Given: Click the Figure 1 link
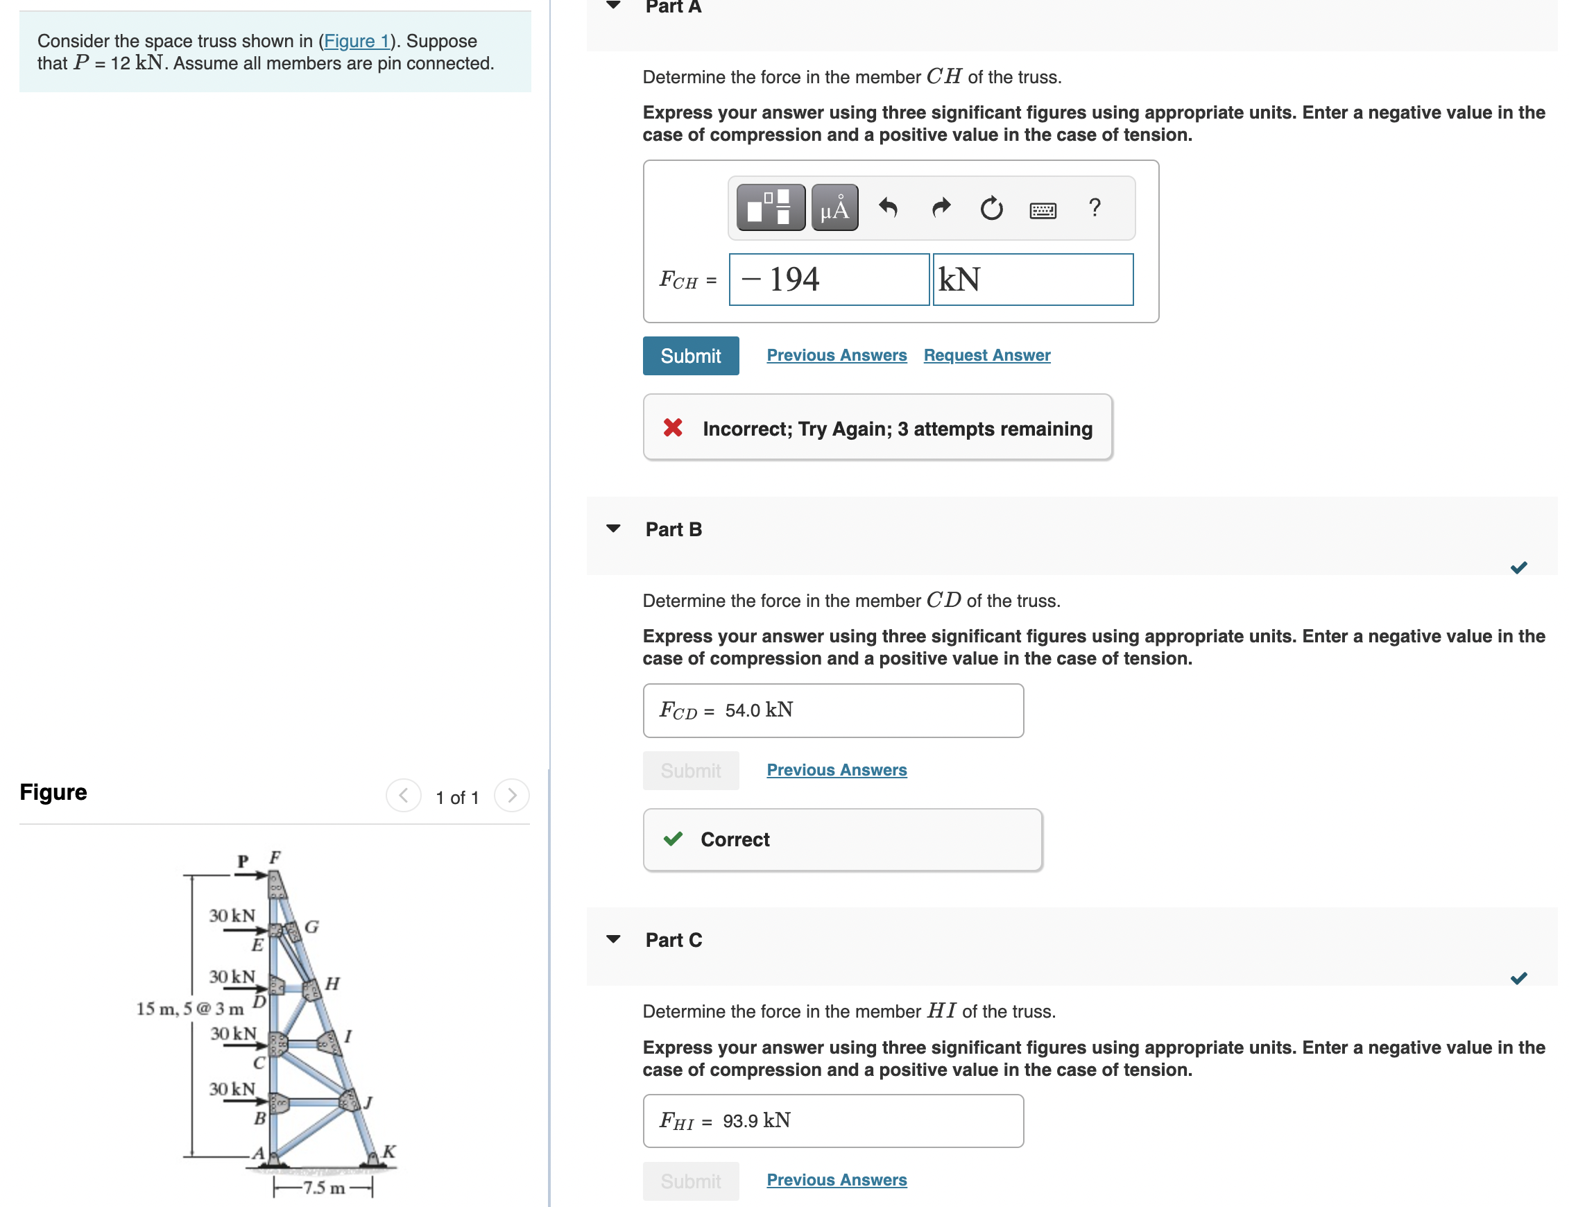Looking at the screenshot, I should (x=357, y=41).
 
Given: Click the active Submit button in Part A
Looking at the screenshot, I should (x=689, y=356).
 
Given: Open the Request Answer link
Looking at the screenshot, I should (x=986, y=355).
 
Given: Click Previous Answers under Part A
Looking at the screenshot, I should (x=837, y=355).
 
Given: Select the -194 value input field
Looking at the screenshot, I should (x=828, y=280).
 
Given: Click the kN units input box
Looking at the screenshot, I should (x=1032, y=280).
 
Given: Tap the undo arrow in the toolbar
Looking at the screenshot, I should (x=888, y=207).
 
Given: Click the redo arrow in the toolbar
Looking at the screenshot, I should (x=941, y=207).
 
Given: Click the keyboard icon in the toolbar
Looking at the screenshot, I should (x=1042, y=209).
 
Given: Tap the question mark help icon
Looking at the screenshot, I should (x=1093, y=207).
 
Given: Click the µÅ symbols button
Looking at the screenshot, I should (x=834, y=207).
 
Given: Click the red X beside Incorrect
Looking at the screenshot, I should (x=672, y=428).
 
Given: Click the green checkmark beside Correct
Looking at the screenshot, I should (x=672, y=839).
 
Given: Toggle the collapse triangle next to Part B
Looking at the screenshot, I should (x=612, y=529).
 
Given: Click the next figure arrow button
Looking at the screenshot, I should (x=511, y=796).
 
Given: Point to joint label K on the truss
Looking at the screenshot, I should (x=388, y=1151).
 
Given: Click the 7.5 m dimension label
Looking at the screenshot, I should (x=323, y=1187).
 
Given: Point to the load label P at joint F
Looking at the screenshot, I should (x=243, y=861).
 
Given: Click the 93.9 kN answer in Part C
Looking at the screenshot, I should (x=756, y=1121).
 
